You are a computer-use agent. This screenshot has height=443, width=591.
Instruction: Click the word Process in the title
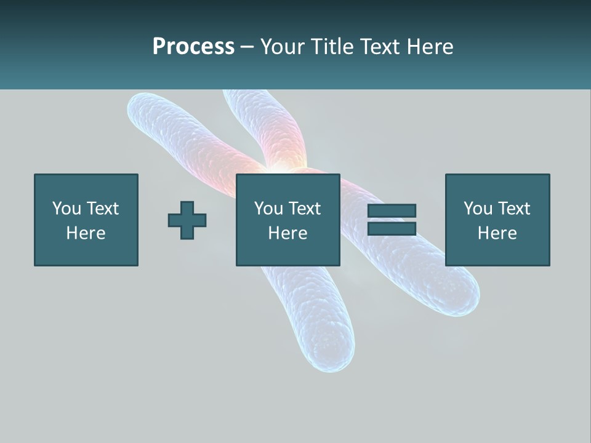(x=193, y=47)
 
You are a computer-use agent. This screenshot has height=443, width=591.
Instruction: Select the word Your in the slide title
(x=282, y=47)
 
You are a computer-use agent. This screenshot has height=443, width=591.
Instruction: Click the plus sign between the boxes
(x=187, y=220)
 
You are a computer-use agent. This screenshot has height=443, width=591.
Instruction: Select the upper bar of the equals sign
(x=392, y=210)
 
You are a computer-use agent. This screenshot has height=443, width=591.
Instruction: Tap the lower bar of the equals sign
(x=392, y=228)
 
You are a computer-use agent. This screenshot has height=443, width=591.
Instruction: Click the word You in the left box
(x=66, y=209)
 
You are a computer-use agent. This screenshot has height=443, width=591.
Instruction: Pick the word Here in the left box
(x=86, y=233)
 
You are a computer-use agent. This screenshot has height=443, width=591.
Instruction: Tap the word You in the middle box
(x=268, y=209)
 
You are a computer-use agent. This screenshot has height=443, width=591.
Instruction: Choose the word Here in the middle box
(x=287, y=233)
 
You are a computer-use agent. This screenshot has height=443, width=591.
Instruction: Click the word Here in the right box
(x=497, y=233)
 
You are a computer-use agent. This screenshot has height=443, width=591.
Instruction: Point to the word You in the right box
(x=477, y=209)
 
